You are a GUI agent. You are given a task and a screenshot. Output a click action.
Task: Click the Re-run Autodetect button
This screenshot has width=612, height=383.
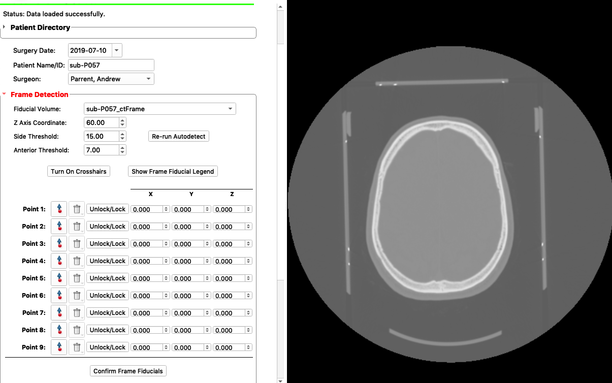[x=179, y=136]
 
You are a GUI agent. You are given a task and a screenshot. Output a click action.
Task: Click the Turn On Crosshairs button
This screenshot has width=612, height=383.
[x=79, y=171]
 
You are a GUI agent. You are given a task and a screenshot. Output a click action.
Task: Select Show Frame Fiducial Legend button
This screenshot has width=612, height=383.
[x=173, y=171]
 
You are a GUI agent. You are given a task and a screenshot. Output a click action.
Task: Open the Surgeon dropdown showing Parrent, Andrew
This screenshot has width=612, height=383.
[x=111, y=79]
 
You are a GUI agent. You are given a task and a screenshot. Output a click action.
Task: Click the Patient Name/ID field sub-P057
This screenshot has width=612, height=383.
[x=111, y=65]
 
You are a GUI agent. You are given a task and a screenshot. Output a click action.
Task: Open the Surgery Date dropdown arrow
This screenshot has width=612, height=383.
[x=117, y=50]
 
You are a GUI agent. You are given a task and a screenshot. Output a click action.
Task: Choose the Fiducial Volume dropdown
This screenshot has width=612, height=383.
[x=160, y=109]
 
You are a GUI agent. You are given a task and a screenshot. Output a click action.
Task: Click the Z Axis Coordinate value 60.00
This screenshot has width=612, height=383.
[x=102, y=122]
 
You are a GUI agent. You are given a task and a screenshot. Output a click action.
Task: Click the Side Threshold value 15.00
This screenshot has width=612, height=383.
[x=102, y=136]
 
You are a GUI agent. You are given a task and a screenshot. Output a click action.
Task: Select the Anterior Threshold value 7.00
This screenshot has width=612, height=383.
[x=102, y=150]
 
